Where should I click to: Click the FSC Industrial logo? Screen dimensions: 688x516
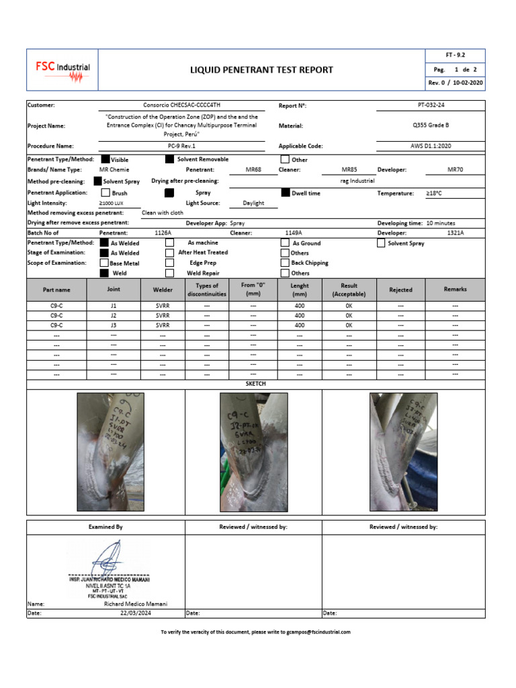(62, 70)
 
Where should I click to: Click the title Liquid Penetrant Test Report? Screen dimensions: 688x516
(261, 70)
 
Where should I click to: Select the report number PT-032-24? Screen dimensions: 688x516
(441, 105)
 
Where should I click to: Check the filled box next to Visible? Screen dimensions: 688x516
(105, 160)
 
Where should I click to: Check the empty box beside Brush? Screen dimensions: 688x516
(105, 193)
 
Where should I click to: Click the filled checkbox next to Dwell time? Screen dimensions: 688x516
(285, 193)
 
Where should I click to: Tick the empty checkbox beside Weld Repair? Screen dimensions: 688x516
(170, 273)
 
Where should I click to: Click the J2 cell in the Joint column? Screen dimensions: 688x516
(114, 315)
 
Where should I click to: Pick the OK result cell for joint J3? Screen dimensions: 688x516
(349, 325)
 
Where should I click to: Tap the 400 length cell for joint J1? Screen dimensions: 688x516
(300, 305)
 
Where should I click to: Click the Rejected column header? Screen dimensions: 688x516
(400, 290)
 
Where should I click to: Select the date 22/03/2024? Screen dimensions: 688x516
(136, 613)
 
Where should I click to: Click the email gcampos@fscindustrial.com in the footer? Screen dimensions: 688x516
(318, 632)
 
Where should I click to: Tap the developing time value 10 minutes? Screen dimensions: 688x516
(439, 223)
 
